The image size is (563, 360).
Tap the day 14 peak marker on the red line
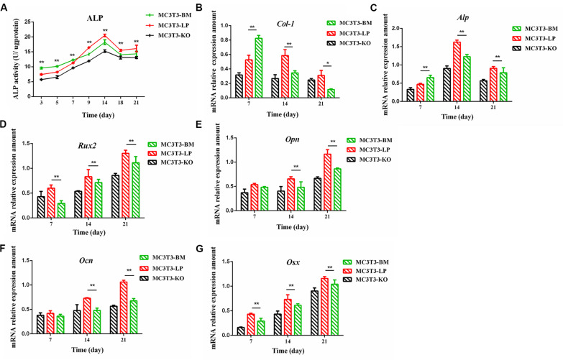tap(104, 36)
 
